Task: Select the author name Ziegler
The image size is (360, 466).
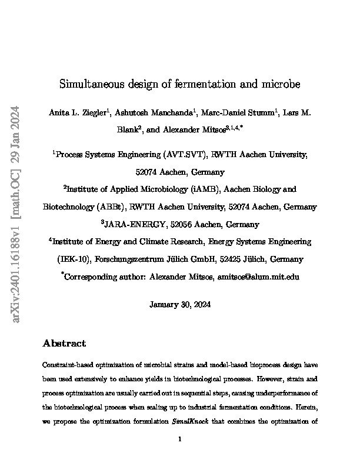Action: click(93, 111)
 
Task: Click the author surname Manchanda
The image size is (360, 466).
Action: click(171, 111)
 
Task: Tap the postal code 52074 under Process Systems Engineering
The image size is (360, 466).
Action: click(148, 172)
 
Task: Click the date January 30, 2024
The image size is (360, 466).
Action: click(180, 305)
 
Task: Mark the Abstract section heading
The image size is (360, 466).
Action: click(65, 343)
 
